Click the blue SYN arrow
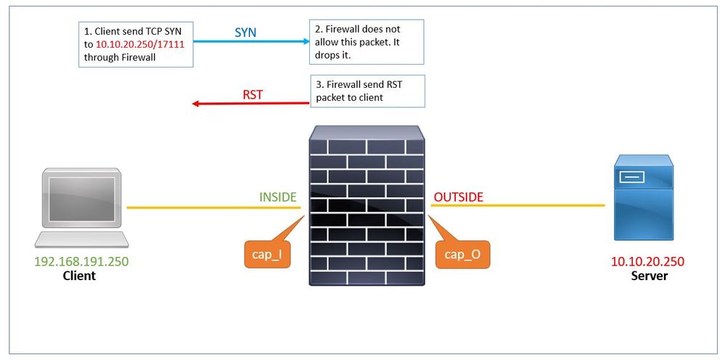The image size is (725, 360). click(251, 42)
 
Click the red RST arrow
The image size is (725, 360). click(251, 104)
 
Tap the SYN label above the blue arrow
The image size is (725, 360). click(245, 33)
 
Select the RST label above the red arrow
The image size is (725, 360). click(253, 94)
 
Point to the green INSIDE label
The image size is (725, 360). click(278, 197)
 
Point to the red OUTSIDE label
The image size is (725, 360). click(458, 197)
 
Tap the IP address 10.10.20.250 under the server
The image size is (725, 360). click(649, 262)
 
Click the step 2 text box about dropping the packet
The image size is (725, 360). click(366, 42)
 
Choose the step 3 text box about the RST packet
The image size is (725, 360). click(367, 91)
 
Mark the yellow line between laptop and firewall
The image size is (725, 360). click(213, 208)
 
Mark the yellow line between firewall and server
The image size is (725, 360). click(517, 205)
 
